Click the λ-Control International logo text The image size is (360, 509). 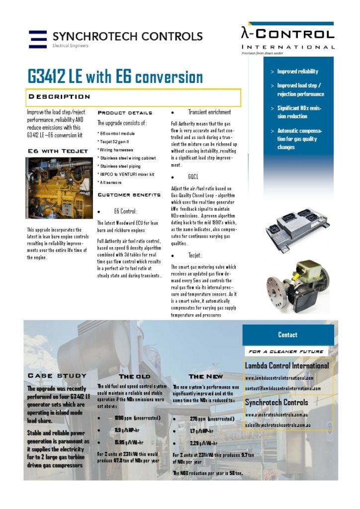[287, 35]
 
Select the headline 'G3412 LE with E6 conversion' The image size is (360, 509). [115, 77]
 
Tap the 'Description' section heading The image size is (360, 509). [59, 96]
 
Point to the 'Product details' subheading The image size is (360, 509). [124, 113]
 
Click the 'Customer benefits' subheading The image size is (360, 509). [128, 194]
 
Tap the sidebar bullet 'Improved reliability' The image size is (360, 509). [297, 72]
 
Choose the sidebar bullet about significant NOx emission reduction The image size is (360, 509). [299, 112]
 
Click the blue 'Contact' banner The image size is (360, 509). [287, 335]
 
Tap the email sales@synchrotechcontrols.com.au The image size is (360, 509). [278, 425]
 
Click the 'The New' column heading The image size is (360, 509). [206, 376]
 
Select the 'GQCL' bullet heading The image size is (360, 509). [193, 177]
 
